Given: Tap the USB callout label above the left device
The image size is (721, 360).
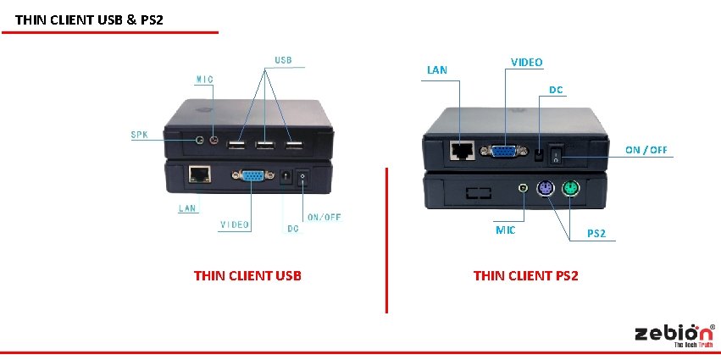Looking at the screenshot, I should pyautogui.click(x=283, y=60).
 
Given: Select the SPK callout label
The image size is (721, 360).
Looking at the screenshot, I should pyautogui.click(x=138, y=134).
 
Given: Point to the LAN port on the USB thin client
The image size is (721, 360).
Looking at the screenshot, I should pyautogui.click(x=200, y=174).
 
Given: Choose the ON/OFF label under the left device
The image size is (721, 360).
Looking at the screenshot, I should pyautogui.click(x=324, y=217).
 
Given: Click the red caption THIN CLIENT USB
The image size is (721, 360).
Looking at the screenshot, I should pyautogui.click(x=247, y=275).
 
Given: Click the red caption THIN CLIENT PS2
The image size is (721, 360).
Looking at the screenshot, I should pyautogui.click(x=525, y=275).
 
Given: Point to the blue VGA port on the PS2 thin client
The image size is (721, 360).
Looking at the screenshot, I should pyautogui.click(x=502, y=151).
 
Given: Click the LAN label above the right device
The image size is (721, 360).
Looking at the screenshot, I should pyautogui.click(x=437, y=69).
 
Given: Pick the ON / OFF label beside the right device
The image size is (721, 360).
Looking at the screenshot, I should pyautogui.click(x=646, y=150).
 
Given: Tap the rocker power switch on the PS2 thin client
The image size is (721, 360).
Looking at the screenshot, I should pyautogui.click(x=556, y=154).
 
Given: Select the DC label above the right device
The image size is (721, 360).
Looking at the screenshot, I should pyautogui.click(x=556, y=89).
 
